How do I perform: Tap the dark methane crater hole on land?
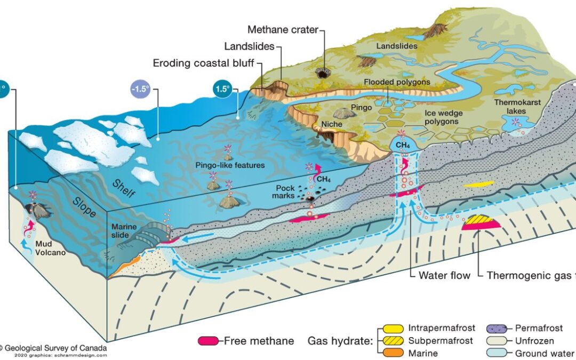322,73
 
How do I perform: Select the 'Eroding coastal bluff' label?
205,62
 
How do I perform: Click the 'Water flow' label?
444,275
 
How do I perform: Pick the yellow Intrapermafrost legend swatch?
393,329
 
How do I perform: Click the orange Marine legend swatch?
393,353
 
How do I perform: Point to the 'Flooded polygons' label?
394,82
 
